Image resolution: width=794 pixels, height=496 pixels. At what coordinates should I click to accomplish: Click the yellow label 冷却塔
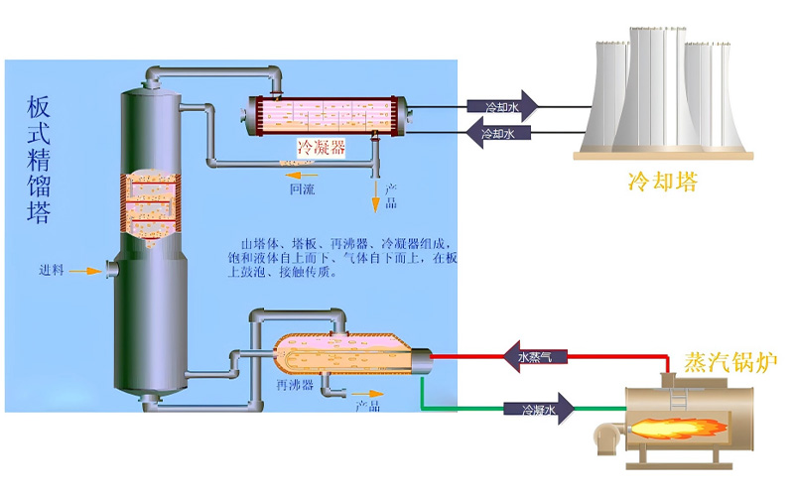[662, 182]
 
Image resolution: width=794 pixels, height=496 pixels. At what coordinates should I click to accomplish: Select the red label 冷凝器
[321, 148]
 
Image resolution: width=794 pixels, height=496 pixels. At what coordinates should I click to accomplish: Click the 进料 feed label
[52, 270]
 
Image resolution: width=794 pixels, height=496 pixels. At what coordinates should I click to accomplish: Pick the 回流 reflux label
[302, 188]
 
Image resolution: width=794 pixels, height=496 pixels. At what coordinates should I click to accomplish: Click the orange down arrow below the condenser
[375, 202]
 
